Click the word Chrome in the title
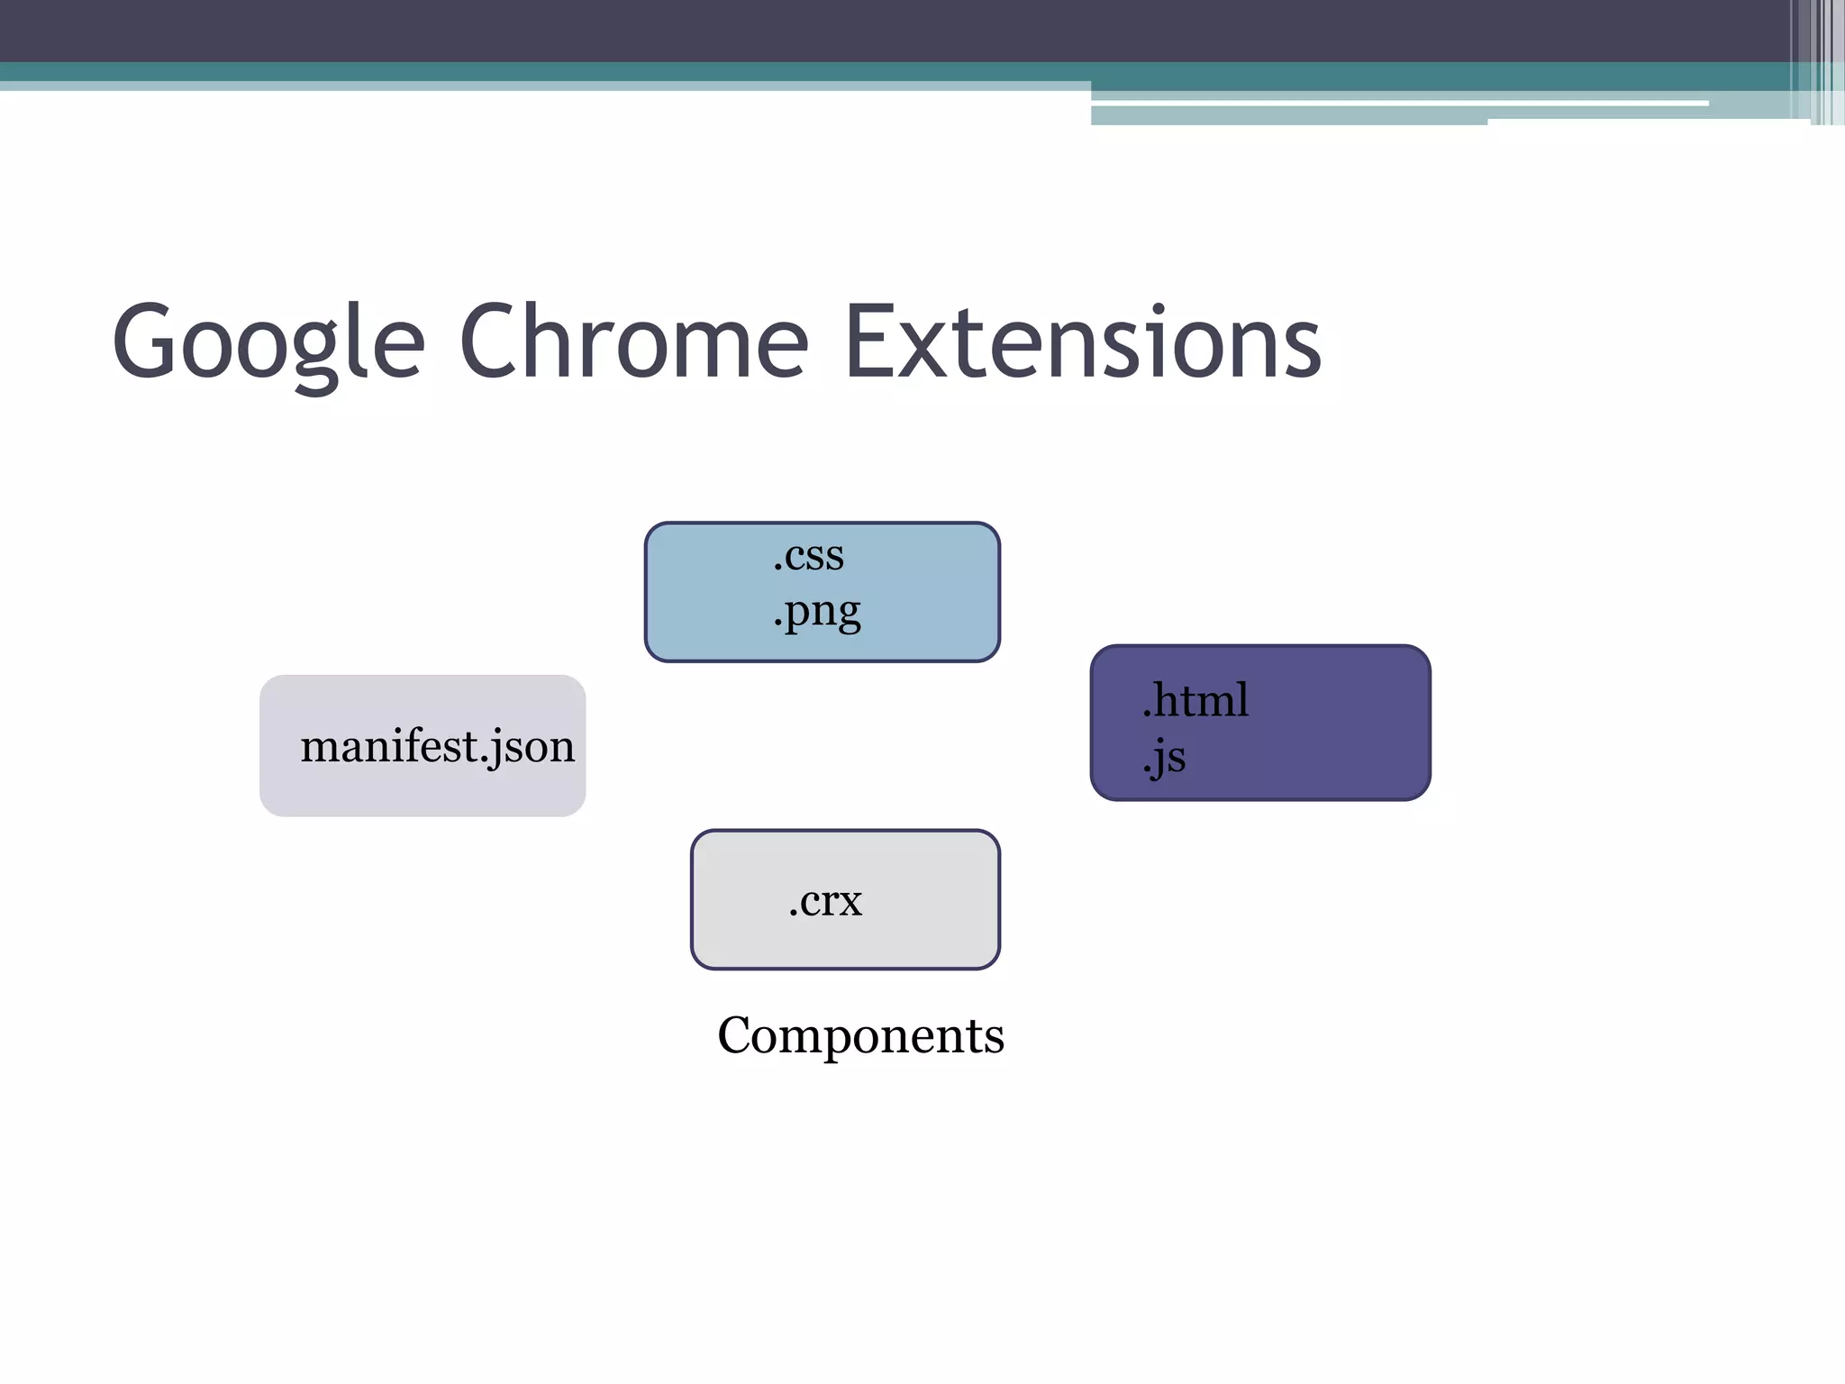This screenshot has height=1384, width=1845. (633, 342)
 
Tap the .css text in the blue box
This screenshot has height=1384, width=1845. (808, 556)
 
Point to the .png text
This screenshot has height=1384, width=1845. (816, 613)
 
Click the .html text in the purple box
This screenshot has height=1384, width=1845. (1195, 700)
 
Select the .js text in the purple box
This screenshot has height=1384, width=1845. (1164, 757)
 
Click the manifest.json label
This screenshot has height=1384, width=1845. (437, 747)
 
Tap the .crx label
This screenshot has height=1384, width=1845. (825, 900)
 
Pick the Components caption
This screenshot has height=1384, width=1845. (860, 1035)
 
